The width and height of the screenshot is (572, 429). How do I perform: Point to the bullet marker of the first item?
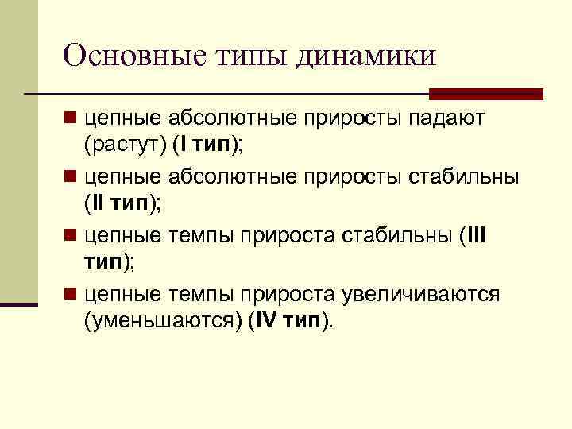71,118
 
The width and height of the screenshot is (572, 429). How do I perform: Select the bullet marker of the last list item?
71,295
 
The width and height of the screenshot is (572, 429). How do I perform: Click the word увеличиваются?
420,295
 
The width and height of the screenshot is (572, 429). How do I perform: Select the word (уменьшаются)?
163,320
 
